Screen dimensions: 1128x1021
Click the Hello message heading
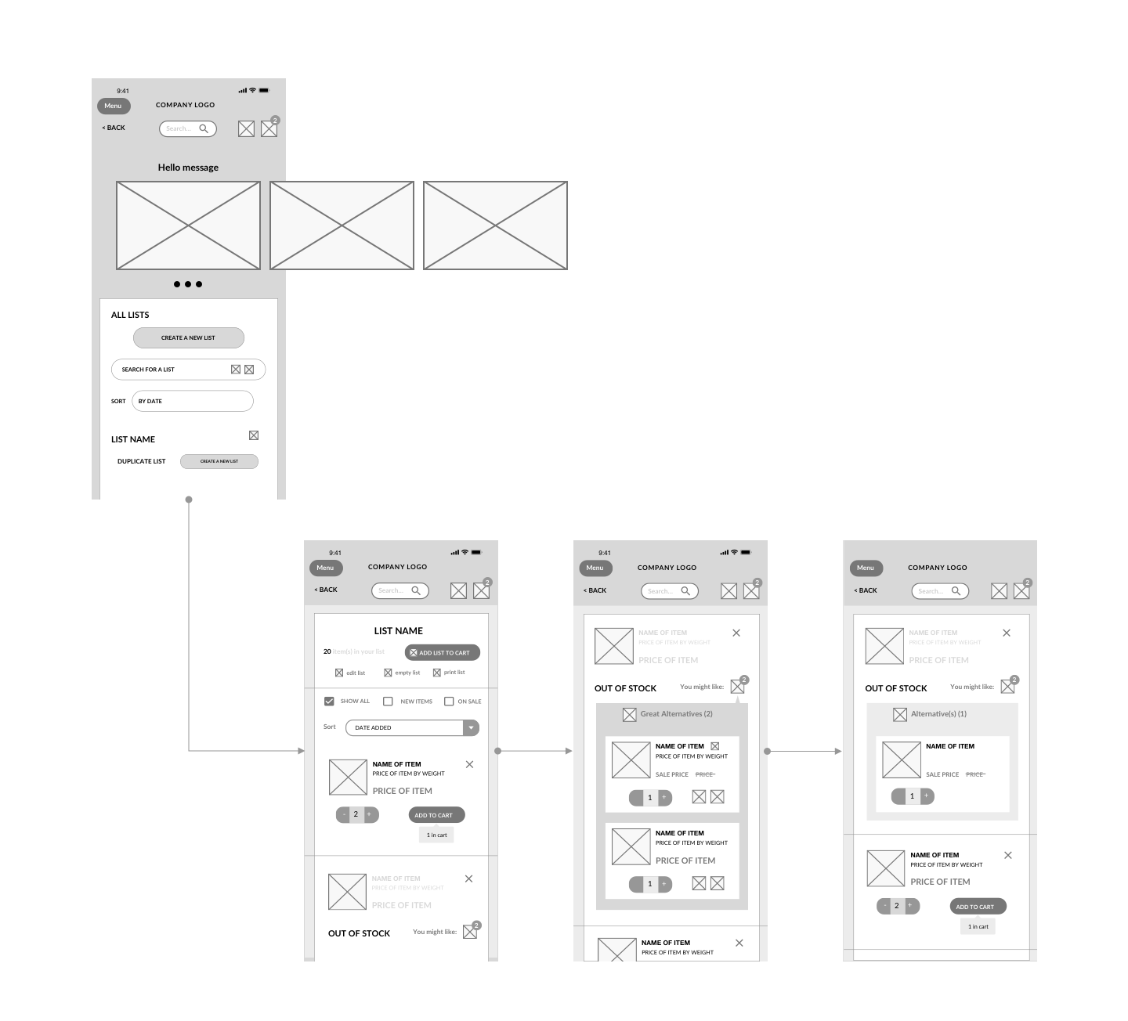pyautogui.click(x=188, y=168)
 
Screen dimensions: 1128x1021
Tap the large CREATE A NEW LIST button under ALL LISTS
pyautogui.click(x=188, y=337)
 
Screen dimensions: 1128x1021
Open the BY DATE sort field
pyautogui.click(x=192, y=401)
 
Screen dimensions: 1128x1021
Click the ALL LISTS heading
pyautogui.click(x=130, y=315)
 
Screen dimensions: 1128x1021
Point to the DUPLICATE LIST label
pyautogui.click(x=142, y=461)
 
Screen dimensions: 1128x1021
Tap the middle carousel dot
pyautogui.click(x=188, y=284)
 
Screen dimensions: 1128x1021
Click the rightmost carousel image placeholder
pyautogui.click(x=495, y=225)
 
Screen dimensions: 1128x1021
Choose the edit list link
pyautogui.click(x=350, y=673)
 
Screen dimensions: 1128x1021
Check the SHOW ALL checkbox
pyautogui.click(x=329, y=702)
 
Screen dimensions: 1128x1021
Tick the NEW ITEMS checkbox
pyautogui.click(x=388, y=702)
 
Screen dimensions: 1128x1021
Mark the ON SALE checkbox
pyautogui.click(x=449, y=702)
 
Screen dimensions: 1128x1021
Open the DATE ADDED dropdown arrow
pyautogui.click(x=471, y=727)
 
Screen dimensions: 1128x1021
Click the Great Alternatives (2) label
pyautogui.click(x=676, y=714)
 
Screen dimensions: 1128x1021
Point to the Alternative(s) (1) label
pyautogui.click(x=938, y=714)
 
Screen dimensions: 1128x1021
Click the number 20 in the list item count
pyautogui.click(x=327, y=651)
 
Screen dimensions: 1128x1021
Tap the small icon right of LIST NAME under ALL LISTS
pyautogui.click(x=254, y=435)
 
